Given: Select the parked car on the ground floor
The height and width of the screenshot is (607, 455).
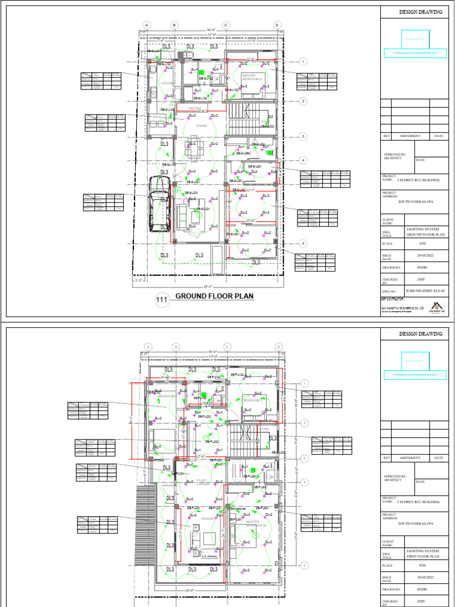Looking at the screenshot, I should click(159, 202).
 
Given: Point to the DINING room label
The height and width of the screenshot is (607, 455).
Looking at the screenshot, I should click(202, 126).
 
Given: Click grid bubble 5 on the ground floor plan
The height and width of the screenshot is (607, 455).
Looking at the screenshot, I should click(302, 243).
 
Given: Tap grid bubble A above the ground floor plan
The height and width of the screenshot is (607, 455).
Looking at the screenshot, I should click(146, 25).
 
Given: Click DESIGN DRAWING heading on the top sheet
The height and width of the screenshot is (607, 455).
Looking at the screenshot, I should click(420, 11).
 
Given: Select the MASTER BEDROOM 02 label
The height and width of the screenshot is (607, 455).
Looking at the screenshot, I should click(257, 524).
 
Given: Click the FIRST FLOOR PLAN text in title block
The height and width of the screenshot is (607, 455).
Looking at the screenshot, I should click(423, 557).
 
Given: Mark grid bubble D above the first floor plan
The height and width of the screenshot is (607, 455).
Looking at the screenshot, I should click(277, 347).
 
